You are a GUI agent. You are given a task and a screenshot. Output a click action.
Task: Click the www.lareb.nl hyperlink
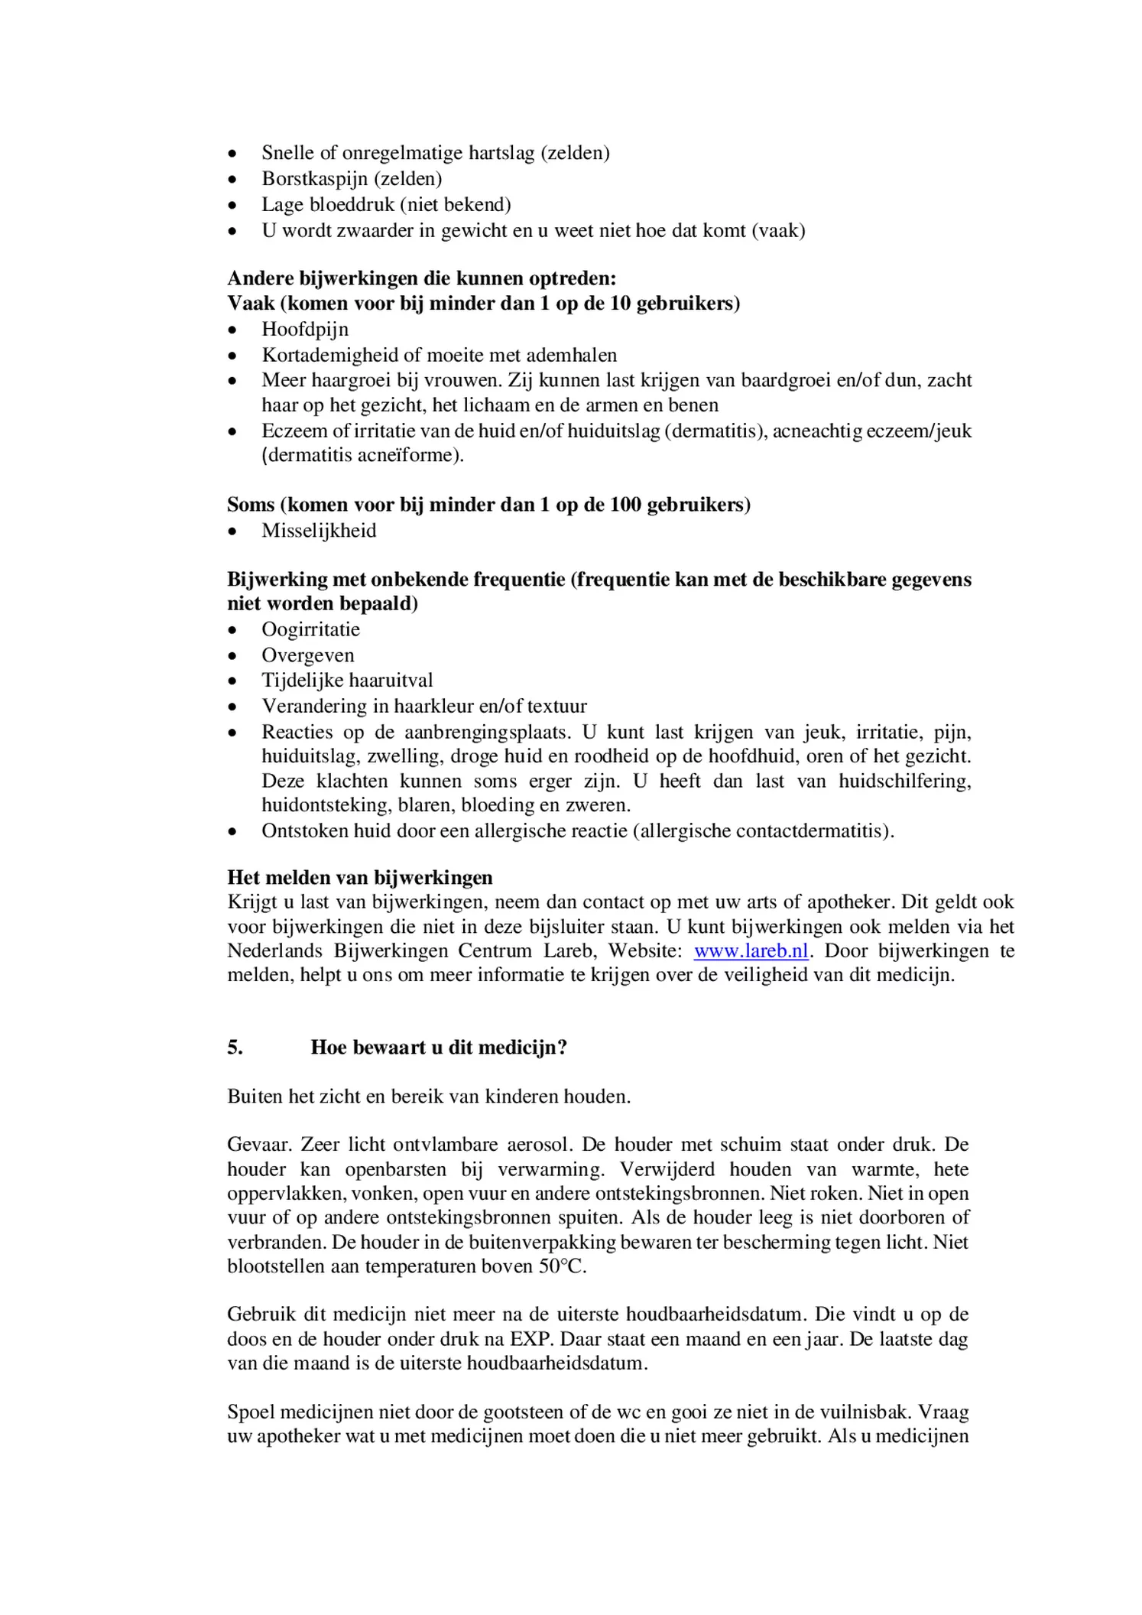click(x=751, y=951)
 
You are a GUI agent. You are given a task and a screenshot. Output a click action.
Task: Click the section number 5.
click(x=235, y=1048)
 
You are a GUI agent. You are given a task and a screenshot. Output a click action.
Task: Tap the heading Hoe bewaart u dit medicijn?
click(x=439, y=1048)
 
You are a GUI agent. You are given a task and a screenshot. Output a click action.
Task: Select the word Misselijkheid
click(x=319, y=531)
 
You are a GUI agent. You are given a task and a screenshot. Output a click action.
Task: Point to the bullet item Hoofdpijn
click(x=305, y=330)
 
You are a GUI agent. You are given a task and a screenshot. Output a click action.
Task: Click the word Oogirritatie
click(x=310, y=629)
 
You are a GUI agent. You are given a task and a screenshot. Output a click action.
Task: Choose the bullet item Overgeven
click(x=308, y=655)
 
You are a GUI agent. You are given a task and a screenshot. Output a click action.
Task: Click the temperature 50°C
click(x=562, y=1266)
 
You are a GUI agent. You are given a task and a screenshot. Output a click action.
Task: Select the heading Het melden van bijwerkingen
click(x=359, y=878)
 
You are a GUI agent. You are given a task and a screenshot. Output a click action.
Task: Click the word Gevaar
click(x=258, y=1145)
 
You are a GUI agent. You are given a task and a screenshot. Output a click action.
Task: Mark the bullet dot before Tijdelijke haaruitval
click(x=232, y=681)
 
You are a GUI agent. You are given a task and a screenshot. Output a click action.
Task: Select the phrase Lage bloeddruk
click(x=327, y=205)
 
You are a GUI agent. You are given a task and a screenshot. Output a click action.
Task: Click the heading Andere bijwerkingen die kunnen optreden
click(x=421, y=278)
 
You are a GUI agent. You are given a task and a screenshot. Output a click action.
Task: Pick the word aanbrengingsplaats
click(x=487, y=733)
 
